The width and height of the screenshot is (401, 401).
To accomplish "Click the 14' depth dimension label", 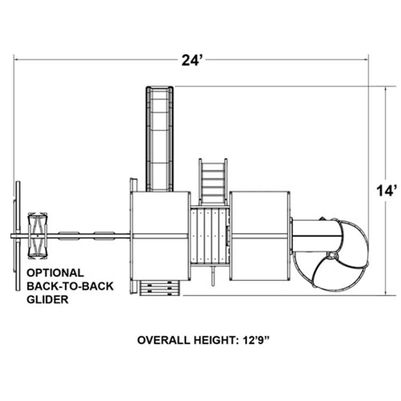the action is coord(387,191).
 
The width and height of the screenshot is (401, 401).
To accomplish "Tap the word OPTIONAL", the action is coord(55,273).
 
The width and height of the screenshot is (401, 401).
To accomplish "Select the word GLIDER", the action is coord(48,299).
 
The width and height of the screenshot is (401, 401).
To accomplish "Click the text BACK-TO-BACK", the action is coord(70,286).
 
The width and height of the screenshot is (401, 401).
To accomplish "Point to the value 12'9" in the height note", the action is coord(256,340).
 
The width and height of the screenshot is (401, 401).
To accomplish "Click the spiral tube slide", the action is coord(330,253).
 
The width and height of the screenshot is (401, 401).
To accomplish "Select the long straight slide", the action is coord(159,139).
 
